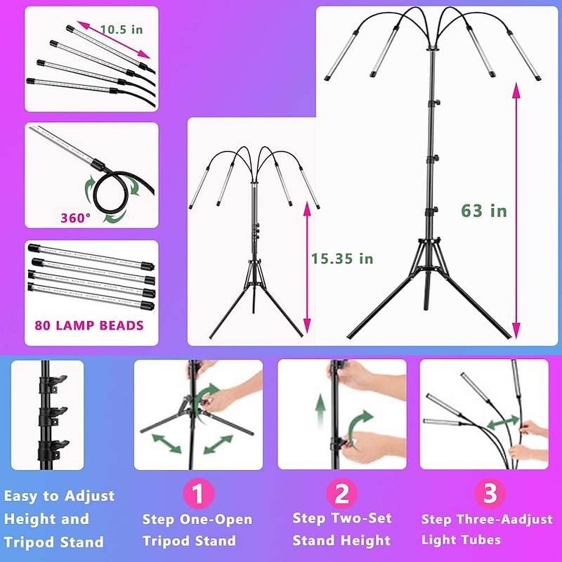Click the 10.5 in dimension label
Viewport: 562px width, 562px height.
coord(122,30)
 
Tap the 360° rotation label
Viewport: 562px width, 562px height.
coord(76,218)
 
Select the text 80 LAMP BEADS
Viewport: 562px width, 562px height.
coord(89,325)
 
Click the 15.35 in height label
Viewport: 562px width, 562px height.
coord(342,259)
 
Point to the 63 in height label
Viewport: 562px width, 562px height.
coord(484,211)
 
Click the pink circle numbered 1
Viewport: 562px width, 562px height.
coord(198,493)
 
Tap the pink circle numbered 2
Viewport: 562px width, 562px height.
coord(341,493)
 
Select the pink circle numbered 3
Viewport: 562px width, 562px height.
coord(490,493)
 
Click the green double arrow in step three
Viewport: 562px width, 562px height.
coord(503,422)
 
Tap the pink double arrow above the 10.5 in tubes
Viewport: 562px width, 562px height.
coord(114,40)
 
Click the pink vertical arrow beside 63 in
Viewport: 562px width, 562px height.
coord(516,211)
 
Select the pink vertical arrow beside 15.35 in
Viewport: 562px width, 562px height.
coord(307,268)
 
